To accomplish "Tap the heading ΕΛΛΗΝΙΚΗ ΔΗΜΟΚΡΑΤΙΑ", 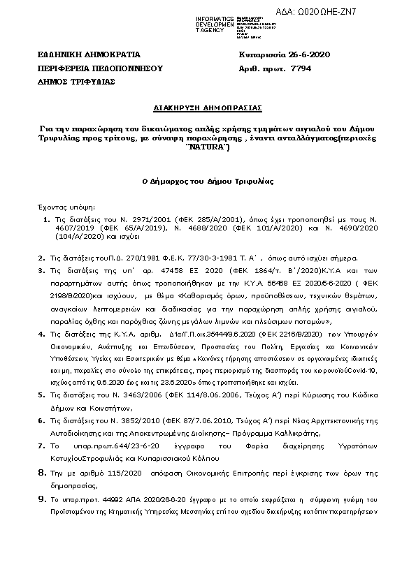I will point(89,54).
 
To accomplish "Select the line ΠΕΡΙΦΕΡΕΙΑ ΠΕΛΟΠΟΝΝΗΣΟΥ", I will point(100,68).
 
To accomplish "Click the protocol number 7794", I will point(300,68).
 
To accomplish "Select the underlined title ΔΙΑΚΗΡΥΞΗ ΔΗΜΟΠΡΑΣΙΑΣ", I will point(208,109).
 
